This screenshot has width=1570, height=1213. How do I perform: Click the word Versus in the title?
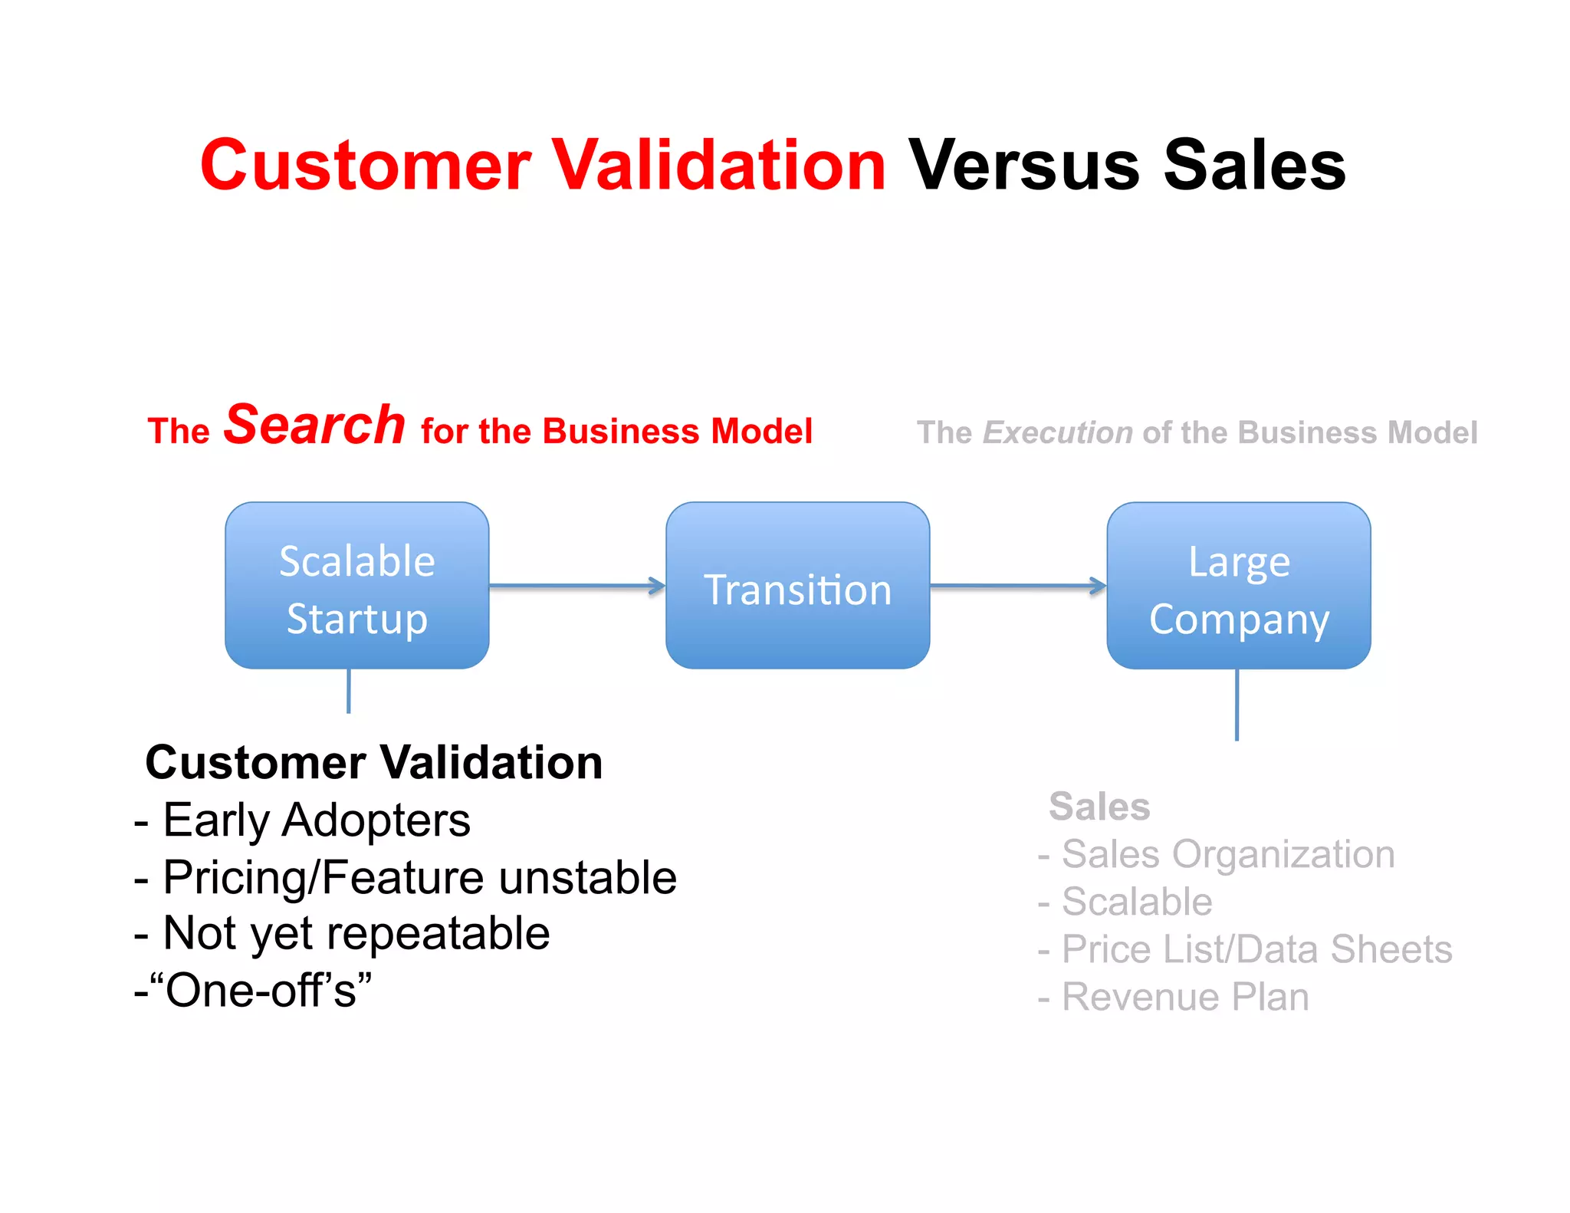[1024, 166]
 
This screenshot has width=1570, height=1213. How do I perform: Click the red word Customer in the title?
[365, 166]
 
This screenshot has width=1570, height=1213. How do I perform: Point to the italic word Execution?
[1057, 432]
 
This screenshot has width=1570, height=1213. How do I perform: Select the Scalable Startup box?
[356, 586]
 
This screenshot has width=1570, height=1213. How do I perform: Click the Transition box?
[797, 586]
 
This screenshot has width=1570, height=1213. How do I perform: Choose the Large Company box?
[1238, 586]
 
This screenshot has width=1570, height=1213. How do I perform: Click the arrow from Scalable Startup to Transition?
[576, 586]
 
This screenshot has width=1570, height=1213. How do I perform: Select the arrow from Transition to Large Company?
[1017, 586]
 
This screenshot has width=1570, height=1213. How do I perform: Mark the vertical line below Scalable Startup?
[349, 691]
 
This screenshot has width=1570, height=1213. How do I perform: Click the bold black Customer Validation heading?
[374, 763]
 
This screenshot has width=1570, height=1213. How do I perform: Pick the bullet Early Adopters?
[316, 820]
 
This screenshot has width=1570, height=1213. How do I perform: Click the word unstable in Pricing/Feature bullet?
[587, 877]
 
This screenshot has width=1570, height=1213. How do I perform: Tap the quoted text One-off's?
[261, 990]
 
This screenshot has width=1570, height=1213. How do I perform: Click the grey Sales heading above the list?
[1099, 807]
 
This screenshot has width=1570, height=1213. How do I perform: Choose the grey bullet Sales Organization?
[1227, 854]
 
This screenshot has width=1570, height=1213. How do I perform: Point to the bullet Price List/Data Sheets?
[1256, 949]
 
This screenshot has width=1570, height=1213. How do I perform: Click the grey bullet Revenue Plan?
[1184, 997]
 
